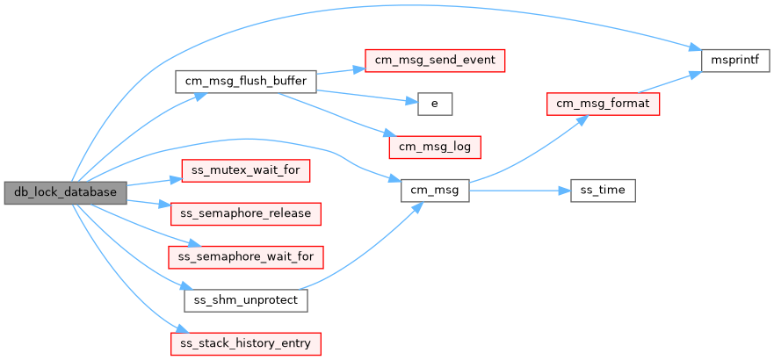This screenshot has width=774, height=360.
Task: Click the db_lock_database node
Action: pos(65,191)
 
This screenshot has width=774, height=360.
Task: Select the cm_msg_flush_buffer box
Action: pos(245,82)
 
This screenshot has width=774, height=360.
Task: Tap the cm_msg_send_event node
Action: pos(434,61)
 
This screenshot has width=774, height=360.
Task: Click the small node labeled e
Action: pos(434,104)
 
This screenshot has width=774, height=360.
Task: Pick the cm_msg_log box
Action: pos(434,147)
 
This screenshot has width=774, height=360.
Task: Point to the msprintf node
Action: pos(735,61)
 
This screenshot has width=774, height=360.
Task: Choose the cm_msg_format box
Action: pos(603,104)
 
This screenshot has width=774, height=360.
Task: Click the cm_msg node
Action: pos(434,191)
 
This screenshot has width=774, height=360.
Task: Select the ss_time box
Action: pos(603,191)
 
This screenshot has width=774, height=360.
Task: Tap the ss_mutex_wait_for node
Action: pos(245,169)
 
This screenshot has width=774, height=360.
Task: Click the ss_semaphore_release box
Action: pos(245,212)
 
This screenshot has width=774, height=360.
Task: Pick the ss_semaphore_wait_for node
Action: pos(245,256)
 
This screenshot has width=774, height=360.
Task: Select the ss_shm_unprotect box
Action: pos(245,299)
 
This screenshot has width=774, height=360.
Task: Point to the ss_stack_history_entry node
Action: pos(245,342)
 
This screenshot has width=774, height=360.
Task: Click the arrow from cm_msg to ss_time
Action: pos(518,191)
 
